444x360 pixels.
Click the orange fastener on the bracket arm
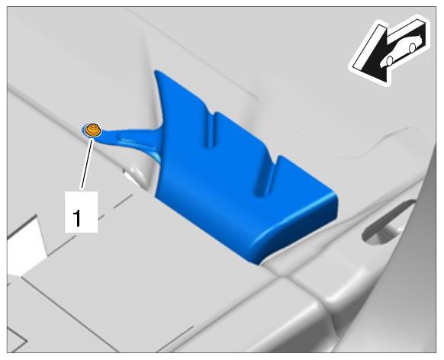pos(93,130)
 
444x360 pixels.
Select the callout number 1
pos(77,217)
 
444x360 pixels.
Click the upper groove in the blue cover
pos(210,130)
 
